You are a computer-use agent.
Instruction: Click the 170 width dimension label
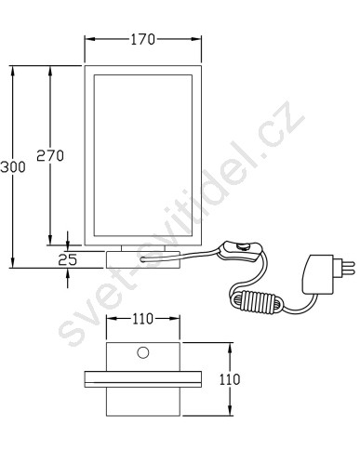coord(142,40)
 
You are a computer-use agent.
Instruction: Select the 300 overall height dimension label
coord(13,167)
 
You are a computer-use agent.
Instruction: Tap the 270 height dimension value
coord(50,155)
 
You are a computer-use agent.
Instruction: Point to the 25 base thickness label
coord(68,259)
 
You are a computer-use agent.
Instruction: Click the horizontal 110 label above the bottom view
coord(143,319)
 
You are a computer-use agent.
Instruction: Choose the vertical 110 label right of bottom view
coord(230,379)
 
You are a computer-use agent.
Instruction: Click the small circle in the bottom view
coord(143,352)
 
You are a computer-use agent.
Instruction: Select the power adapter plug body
coord(318,274)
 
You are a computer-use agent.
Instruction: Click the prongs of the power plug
coord(344,269)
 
